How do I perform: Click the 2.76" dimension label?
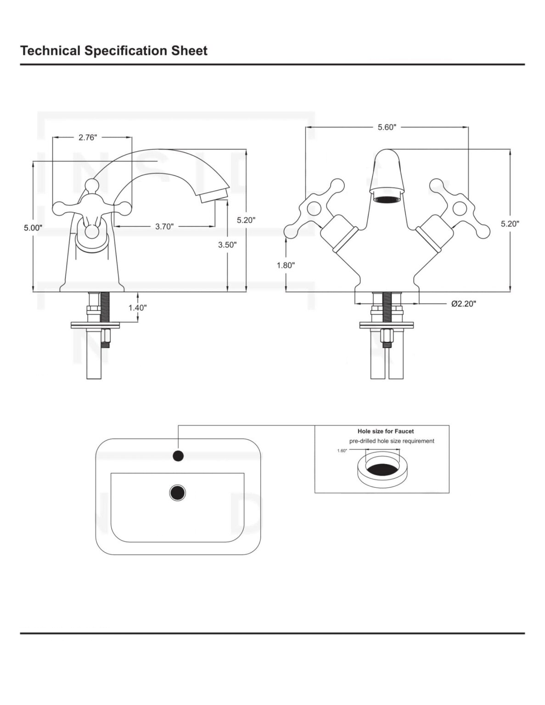click(x=88, y=137)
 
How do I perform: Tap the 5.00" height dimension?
click(x=33, y=227)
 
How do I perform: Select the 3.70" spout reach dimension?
click(x=164, y=226)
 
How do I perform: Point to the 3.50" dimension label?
click(x=227, y=245)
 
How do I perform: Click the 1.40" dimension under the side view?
click(x=137, y=308)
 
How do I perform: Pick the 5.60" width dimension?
click(x=387, y=127)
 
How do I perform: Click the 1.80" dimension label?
click(x=286, y=265)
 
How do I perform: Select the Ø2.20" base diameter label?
click(x=463, y=303)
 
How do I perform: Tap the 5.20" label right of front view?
click(x=510, y=224)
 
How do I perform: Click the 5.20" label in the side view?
click(x=246, y=220)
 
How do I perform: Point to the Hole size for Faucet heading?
click(x=385, y=431)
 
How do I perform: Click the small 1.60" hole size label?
click(x=342, y=451)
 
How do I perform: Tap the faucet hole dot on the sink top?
click(x=178, y=456)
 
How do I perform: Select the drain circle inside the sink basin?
click(x=177, y=492)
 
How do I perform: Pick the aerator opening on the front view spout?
click(x=387, y=199)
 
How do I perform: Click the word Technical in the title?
click(x=51, y=50)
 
